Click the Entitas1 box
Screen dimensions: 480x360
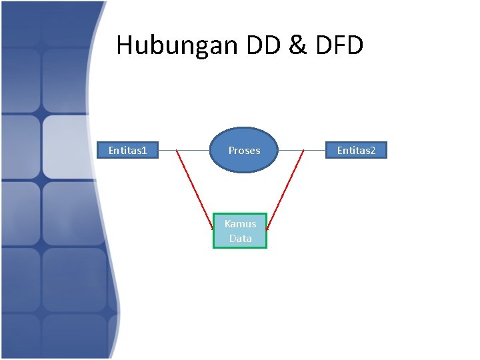[x=128, y=151]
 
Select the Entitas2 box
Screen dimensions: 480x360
[x=356, y=151]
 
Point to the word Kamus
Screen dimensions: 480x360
[x=240, y=224]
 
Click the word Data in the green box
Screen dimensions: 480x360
[x=240, y=238]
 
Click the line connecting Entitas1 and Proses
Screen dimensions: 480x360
[x=185, y=151]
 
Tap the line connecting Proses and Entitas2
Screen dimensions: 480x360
[x=301, y=151]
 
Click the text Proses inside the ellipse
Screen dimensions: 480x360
[x=244, y=151]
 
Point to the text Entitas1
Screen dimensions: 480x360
[x=128, y=151]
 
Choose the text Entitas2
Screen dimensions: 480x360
[x=356, y=151]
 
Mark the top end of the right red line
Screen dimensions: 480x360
[x=303, y=151]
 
